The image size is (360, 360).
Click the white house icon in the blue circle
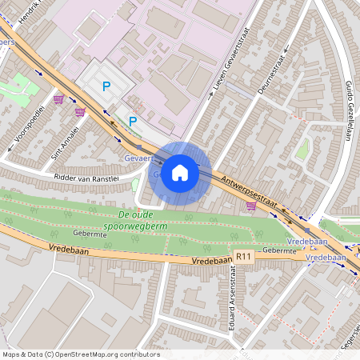[x=180, y=172]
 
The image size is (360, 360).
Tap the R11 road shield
[x=244, y=256]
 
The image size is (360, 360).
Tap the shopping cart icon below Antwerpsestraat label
[x=251, y=206]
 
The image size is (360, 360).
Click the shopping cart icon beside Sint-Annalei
[x=79, y=112]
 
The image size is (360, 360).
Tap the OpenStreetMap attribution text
[x=80, y=354]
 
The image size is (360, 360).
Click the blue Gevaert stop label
[x=138, y=159]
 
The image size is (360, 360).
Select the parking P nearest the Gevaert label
[x=133, y=122]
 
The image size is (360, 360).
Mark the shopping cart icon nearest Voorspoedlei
[x=58, y=99]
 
